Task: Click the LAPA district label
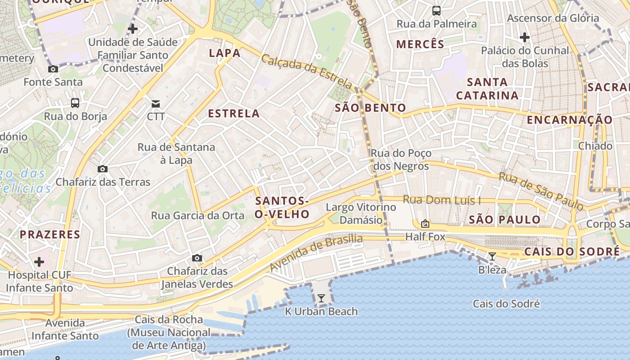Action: [x=225, y=53]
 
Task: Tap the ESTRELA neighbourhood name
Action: [x=234, y=113]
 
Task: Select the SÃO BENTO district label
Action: [x=370, y=108]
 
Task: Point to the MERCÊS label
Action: [x=420, y=44]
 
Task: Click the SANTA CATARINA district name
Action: [x=487, y=89]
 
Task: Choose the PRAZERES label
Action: [x=49, y=234]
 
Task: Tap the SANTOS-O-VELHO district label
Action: [x=282, y=207]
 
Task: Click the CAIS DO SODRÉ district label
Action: [x=571, y=252]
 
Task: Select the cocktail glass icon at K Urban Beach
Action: [x=321, y=298]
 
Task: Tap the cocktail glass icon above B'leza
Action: [x=492, y=256]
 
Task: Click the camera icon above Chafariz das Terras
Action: [x=103, y=169]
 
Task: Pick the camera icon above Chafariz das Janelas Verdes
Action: [x=197, y=258]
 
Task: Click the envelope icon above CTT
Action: [x=156, y=104]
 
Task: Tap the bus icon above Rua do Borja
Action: [x=75, y=103]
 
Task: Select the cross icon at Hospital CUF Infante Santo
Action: [x=40, y=261]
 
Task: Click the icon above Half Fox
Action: [x=425, y=224]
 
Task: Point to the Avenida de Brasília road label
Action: [x=316, y=253]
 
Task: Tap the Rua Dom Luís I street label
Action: [x=441, y=200]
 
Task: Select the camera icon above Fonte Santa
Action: [x=53, y=69]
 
